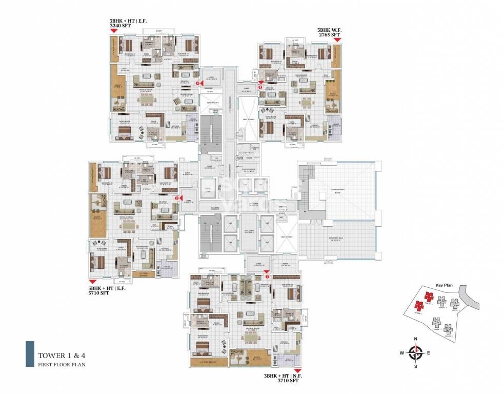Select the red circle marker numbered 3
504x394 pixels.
click(260, 88)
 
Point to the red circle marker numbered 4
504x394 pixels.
click(198, 80)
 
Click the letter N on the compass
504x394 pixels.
click(417, 339)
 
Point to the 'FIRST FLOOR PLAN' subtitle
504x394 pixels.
click(60, 364)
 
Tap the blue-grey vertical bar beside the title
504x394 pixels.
click(30, 354)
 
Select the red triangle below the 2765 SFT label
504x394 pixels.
click(336, 41)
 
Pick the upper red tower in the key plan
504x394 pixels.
click(430, 297)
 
